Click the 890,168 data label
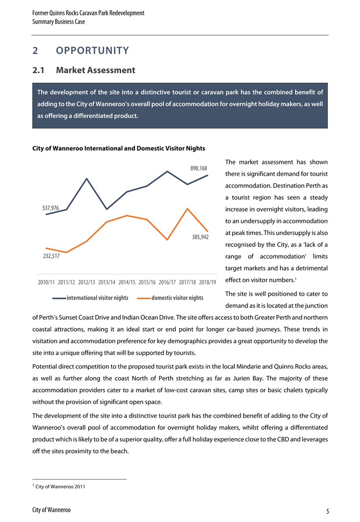coord(199,168)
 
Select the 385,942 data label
coord(200,237)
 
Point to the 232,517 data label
coord(50,256)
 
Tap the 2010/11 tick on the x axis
coord(47,282)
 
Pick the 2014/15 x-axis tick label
coord(127,282)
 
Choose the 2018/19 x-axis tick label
coord(208,282)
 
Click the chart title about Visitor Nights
coord(118,148)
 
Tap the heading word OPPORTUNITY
coord(92,51)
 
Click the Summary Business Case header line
coord(59,22)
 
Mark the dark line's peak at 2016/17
coord(167,171)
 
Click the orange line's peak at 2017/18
coord(188,209)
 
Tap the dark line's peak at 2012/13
coord(87,179)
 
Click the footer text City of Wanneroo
coord(51,510)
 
